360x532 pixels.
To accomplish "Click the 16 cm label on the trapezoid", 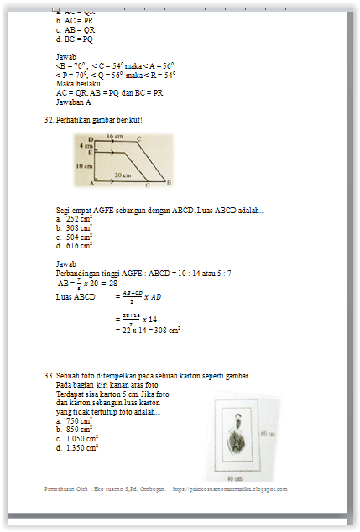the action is (x=115, y=136).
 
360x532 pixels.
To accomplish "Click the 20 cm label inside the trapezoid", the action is (x=123, y=175).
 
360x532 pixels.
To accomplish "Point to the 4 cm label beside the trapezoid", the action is (x=85, y=145).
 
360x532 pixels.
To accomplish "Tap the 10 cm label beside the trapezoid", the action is (x=84, y=166).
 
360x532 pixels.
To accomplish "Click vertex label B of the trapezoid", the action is (x=169, y=183).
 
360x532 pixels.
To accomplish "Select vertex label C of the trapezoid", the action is (x=138, y=138).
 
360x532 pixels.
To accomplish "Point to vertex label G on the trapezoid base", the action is (x=148, y=184).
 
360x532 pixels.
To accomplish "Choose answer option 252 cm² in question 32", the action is (x=79, y=218).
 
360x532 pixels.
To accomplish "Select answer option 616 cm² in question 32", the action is (x=79, y=246).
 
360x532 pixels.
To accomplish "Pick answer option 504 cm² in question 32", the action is (x=79, y=237).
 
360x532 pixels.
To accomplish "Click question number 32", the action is (x=48, y=120).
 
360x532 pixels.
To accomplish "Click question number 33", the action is (x=48, y=375).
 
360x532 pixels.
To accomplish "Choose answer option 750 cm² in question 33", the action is (x=79, y=420).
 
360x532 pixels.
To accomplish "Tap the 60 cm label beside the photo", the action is (x=267, y=434).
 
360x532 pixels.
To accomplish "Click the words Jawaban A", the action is (x=74, y=102).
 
